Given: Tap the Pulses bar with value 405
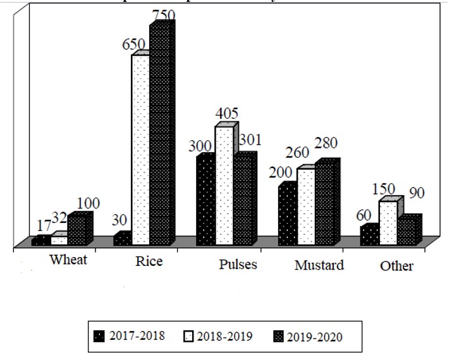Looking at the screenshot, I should click(x=224, y=186).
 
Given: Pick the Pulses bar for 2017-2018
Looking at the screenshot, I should click(x=205, y=201).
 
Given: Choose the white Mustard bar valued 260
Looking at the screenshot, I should click(x=306, y=207).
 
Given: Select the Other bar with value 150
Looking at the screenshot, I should click(x=388, y=223).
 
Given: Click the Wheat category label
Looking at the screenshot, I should click(x=70, y=260).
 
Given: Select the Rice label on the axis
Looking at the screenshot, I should click(x=149, y=261).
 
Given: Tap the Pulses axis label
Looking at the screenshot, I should click(x=238, y=264).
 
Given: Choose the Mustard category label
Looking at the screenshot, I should click(x=319, y=265).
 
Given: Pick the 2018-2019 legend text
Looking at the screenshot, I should click(x=225, y=335).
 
